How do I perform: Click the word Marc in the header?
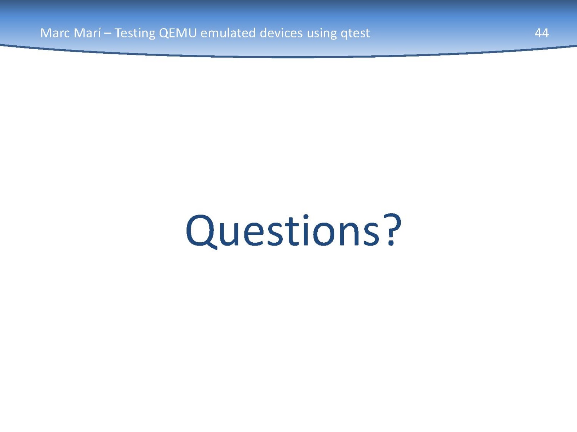pyautogui.click(x=54, y=33)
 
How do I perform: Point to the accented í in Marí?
pyautogui.click(x=99, y=33)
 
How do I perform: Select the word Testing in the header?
pyautogui.click(x=135, y=33)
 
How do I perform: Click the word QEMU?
pyautogui.click(x=178, y=33)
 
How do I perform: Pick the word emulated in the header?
pyautogui.click(x=228, y=33)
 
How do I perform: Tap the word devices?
pyautogui.click(x=281, y=33)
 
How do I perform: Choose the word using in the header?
pyautogui.click(x=322, y=34)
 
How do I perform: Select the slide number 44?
pyautogui.click(x=542, y=33)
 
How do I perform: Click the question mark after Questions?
pyautogui.click(x=392, y=229)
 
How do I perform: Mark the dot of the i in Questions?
pyautogui.click(x=306, y=217)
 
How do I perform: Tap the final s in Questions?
pyautogui.click(x=371, y=233)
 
